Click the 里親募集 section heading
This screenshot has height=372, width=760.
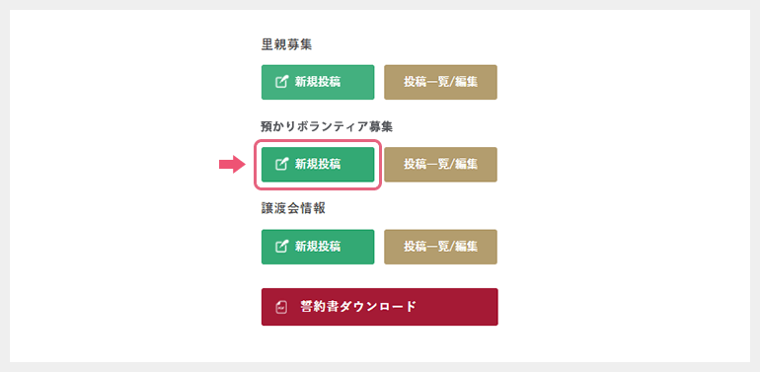(287, 44)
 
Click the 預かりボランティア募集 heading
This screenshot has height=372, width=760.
(327, 126)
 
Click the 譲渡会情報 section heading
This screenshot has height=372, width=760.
(293, 208)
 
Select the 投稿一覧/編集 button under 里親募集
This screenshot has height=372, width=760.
(440, 82)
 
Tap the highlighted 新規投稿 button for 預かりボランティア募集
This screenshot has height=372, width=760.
(318, 164)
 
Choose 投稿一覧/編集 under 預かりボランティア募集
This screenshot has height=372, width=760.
(440, 164)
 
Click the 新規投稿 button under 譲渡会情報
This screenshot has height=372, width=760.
(318, 246)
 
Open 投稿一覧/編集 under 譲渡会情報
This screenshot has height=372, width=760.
(440, 246)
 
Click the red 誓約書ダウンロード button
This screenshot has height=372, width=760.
(379, 306)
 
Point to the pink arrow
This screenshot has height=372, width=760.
(231, 165)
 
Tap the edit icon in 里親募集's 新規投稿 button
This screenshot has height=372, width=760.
(281, 82)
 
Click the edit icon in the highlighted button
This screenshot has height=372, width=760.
(281, 164)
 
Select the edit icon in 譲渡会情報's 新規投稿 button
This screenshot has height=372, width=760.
(281, 246)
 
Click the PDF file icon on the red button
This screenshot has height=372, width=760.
(281, 307)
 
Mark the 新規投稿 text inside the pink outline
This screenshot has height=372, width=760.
(318, 164)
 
